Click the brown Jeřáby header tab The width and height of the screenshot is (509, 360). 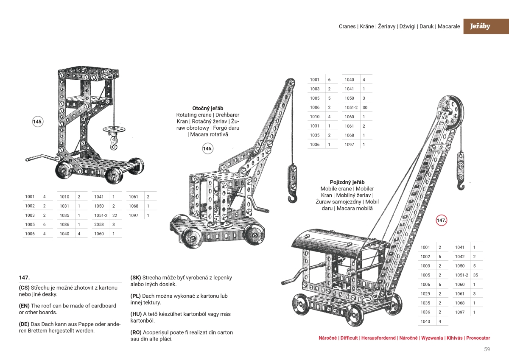[x=480, y=26]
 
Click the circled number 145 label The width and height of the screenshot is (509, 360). [x=38, y=122]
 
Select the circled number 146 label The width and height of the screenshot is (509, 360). [x=207, y=148]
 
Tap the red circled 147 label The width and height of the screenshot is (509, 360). [x=442, y=220]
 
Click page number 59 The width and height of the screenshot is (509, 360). [x=487, y=349]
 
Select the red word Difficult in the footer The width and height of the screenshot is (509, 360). [x=349, y=338]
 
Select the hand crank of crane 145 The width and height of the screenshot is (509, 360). [x=40, y=159]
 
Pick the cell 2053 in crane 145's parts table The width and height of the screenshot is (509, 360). [x=99, y=224]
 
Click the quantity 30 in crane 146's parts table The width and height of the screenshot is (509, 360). [x=364, y=107]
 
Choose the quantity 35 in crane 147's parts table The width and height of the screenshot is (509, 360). [x=475, y=275]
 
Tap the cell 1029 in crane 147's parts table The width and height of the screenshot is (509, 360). [x=425, y=294]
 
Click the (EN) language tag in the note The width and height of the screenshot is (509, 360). [x=24, y=306]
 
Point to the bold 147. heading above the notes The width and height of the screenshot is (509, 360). [x=24, y=277]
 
